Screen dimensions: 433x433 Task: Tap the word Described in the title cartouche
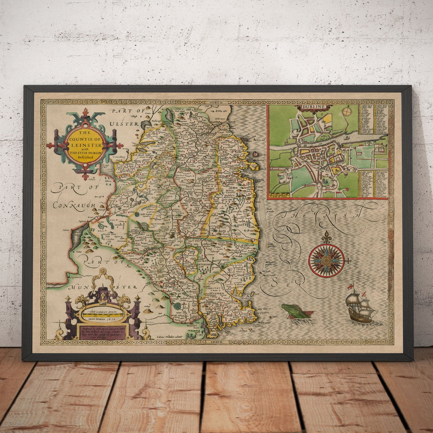click(x=85, y=155)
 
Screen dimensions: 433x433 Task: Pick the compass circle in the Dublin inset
click(x=347, y=112)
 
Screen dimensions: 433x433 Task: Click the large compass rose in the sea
click(x=327, y=260)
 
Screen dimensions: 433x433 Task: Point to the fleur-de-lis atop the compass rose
click(x=327, y=237)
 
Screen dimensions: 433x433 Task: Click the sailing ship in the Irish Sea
click(x=360, y=307)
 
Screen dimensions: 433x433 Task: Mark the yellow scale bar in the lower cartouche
click(x=101, y=316)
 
